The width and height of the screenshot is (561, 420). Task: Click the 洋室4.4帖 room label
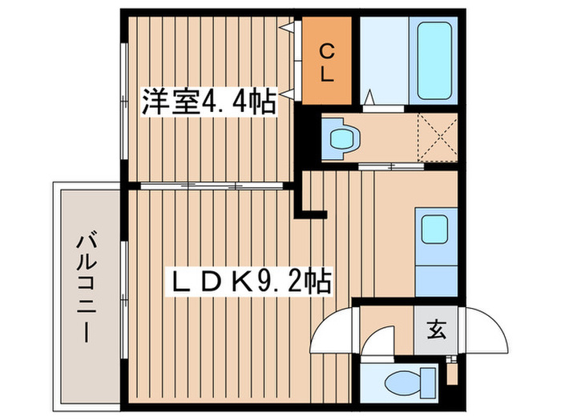coord(210,102)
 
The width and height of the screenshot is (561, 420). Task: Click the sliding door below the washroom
coord(390,166)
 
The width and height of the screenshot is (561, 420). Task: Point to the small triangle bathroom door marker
coord(371,98)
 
